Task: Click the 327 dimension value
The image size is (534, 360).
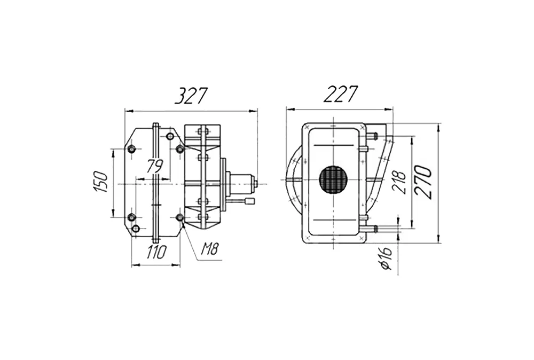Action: coord(191,96)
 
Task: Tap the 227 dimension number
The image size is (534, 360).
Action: coord(340,94)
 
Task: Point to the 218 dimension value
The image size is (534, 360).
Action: coord(400,182)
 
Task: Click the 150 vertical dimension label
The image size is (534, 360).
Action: coord(101,182)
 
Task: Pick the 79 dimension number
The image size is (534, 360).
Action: coord(155,166)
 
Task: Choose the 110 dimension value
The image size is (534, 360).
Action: coord(156,253)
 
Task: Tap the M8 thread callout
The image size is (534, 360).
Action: coord(209,249)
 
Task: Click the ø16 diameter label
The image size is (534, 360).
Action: coord(386,258)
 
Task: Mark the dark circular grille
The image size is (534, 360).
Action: coord(334,180)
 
